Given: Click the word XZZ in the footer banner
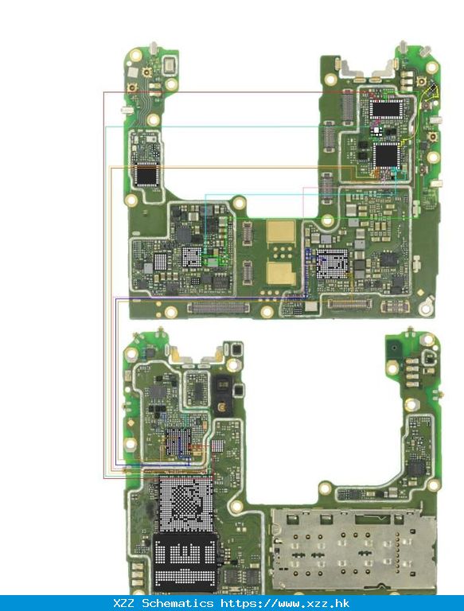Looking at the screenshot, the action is click(x=123, y=603).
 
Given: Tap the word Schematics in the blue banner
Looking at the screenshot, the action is click(x=177, y=603).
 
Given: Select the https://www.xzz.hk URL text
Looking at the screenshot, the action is click(x=285, y=603).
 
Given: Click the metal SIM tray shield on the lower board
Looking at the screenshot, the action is click(x=353, y=549).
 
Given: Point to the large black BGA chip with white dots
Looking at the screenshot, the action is click(x=185, y=562).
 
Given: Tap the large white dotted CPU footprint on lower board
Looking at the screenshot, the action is click(x=186, y=504).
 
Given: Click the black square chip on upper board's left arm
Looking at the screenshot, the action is click(x=146, y=175).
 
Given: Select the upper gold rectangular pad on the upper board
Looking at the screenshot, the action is click(x=281, y=231).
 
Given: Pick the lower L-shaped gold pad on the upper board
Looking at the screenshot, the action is click(x=281, y=273).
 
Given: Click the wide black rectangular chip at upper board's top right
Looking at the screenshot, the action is click(x=386, y=109).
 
